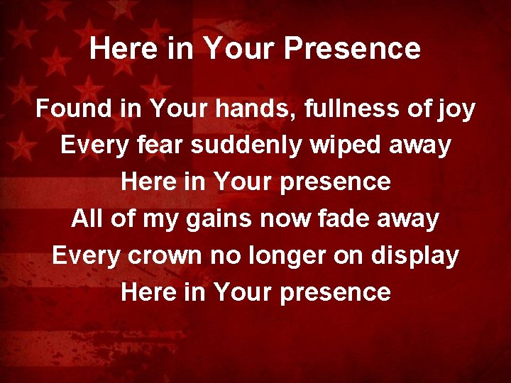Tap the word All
pos(86,218)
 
